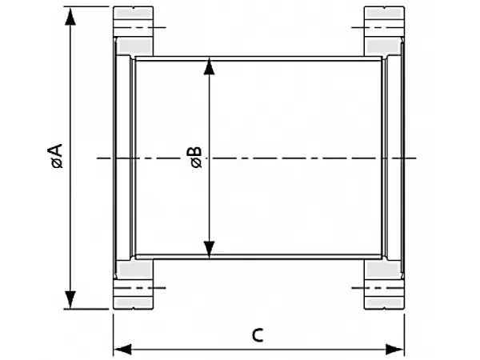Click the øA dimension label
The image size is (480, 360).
(x=58, y=156)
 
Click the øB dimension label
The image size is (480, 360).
(x=196, y=158)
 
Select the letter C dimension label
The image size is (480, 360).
(x=258, y=335)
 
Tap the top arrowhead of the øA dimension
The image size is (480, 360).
(x=70, y=16)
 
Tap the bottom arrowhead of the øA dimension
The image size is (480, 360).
(x=70, y=300)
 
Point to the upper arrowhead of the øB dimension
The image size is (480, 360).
(x=209, y=66)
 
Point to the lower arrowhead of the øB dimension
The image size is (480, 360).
(x=209, y=250)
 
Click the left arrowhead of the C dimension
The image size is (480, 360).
(x=122, y=350)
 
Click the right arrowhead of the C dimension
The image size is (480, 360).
(x=395, y=350)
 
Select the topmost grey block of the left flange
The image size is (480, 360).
(x=133, y=13)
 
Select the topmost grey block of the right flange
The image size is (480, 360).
(x=384, y=13)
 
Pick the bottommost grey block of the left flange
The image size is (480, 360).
(x=133, y=303)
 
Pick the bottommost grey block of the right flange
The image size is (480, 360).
(x=384, y=303)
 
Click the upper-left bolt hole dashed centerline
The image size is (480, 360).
(x=139, y=27)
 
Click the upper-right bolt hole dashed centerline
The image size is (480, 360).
(x=378, y=27)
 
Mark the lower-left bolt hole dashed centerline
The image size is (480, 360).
(x=139, y=288)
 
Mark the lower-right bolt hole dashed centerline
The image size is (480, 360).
(x=378, y=288)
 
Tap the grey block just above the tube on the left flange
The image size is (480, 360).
(x=134, y=46)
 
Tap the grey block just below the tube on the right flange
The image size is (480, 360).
(x=383, y=270)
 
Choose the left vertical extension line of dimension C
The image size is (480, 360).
(x=114, y=335)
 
